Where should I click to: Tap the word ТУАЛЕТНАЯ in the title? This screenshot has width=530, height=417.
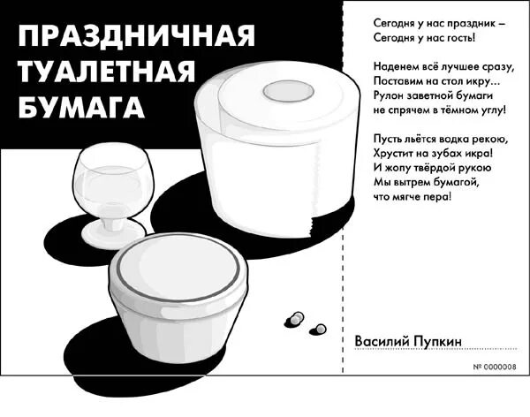coord(105,72)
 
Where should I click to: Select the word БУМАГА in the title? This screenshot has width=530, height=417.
coord(81,108)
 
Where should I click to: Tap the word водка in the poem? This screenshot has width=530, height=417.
coord(458,138)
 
